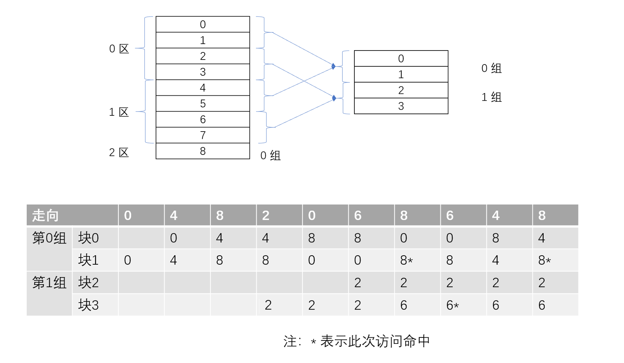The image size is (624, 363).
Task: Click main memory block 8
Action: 202,151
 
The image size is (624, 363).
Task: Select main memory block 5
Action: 202,104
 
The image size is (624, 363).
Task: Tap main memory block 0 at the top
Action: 202,25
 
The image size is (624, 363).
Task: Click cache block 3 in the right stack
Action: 401,106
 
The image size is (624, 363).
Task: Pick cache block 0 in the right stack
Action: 401,59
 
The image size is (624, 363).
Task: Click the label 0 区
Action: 119,49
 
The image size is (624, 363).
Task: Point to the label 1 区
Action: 119,112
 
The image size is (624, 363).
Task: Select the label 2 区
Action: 119,153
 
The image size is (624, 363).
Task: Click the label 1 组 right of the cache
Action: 491,97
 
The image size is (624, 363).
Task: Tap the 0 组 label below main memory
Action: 270,156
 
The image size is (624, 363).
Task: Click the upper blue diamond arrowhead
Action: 333,66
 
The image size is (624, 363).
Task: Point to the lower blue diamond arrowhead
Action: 334,98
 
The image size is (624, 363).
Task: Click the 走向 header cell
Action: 45,216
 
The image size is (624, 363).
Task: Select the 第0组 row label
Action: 49,238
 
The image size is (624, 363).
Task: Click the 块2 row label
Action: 89,283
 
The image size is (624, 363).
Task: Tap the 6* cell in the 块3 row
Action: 452,305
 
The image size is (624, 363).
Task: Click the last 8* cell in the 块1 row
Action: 544,260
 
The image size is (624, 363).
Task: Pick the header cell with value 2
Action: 266,216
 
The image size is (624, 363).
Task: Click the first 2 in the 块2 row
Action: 357,283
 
